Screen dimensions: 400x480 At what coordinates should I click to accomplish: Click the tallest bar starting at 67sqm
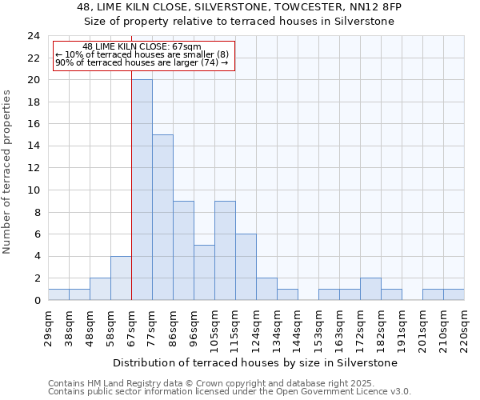point(142,190)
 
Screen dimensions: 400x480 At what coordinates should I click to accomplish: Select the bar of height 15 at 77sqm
point(162,218)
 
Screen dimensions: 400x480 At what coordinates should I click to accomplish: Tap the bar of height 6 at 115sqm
point(246,267)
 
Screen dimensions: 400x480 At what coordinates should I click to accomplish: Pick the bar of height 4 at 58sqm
point(121,278)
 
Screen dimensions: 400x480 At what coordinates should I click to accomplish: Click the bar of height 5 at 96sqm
point(204,273)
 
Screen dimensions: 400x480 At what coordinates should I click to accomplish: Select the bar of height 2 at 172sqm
point(370,289)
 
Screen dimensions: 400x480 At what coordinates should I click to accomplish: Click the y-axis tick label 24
point(33,36)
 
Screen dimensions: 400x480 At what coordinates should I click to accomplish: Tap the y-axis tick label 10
point(33,190)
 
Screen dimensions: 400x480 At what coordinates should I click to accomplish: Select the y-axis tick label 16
point(33,124)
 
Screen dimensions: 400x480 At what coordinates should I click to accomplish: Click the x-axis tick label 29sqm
point(48,326)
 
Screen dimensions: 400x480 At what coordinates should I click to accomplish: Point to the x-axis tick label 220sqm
point(464,328)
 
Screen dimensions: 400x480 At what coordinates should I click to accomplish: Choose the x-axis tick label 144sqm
point(298,328)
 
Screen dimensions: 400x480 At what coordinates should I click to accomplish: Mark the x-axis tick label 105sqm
point(214,328)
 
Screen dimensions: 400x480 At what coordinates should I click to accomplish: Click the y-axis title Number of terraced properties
point(8,171)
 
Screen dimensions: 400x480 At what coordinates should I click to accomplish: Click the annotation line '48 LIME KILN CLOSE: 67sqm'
point(142,47)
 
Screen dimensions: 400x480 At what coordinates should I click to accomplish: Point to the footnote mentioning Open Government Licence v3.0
point(230,392)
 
